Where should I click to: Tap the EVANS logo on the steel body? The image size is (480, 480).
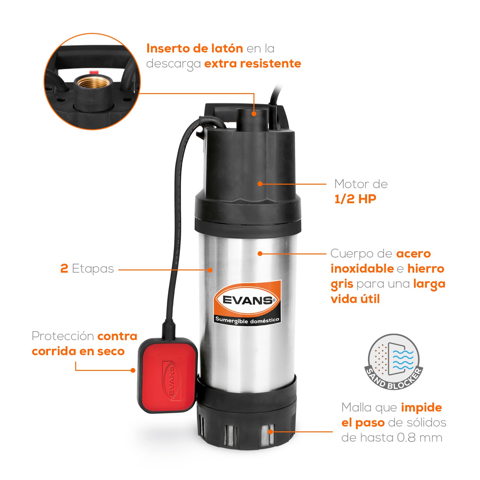[247, 300]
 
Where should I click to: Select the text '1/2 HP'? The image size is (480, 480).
[355, 199]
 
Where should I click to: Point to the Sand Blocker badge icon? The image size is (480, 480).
[394, 362]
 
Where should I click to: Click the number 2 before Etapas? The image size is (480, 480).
[64, 268]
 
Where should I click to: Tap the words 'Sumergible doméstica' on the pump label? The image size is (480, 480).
[247, 320]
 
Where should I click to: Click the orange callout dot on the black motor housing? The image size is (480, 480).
[260, 184]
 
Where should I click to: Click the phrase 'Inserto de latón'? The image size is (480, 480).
[195, 49]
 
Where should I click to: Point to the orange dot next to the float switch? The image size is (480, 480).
[133, 370]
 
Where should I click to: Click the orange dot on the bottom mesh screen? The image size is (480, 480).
[271, 431]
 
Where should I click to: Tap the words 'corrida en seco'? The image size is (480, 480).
[78, 351]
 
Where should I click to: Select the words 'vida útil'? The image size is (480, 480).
[355, 299]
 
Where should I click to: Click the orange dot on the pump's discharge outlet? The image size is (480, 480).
[254, 113]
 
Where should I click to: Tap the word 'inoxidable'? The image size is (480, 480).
[362, 268]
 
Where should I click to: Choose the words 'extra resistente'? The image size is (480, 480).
[252, 64]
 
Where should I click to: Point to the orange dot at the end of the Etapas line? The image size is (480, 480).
[210, 270]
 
